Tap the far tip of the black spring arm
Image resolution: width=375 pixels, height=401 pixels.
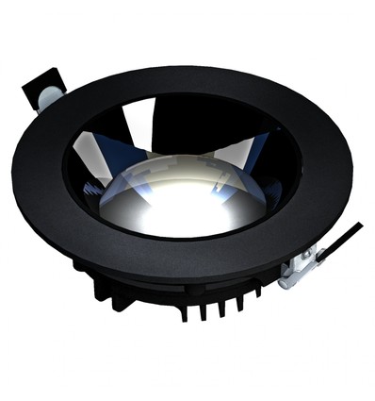click(359, 226)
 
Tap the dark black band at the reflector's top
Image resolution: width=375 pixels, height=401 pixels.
click(179, 114)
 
